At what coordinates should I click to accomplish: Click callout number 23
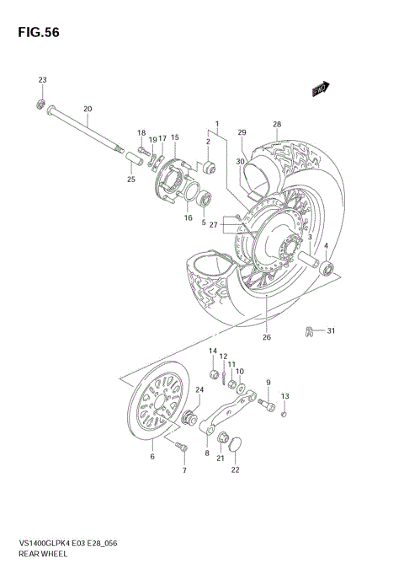pos(42,79)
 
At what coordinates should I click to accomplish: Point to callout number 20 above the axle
pos(88,109)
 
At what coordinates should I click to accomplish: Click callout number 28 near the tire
pos(276,125)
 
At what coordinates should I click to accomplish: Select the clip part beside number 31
pos(309,330)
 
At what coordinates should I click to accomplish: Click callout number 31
pos(331,330)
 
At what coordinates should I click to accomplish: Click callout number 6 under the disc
pos(152,457)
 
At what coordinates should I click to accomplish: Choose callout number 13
pos(284,396)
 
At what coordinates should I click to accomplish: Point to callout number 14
pos(213,351)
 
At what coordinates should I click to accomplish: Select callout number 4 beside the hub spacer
pos(327,246)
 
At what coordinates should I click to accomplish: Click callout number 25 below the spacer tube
pos(130,179)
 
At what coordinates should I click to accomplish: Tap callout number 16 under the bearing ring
pos(189,217)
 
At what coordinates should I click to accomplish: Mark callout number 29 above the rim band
pos(242,133)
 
